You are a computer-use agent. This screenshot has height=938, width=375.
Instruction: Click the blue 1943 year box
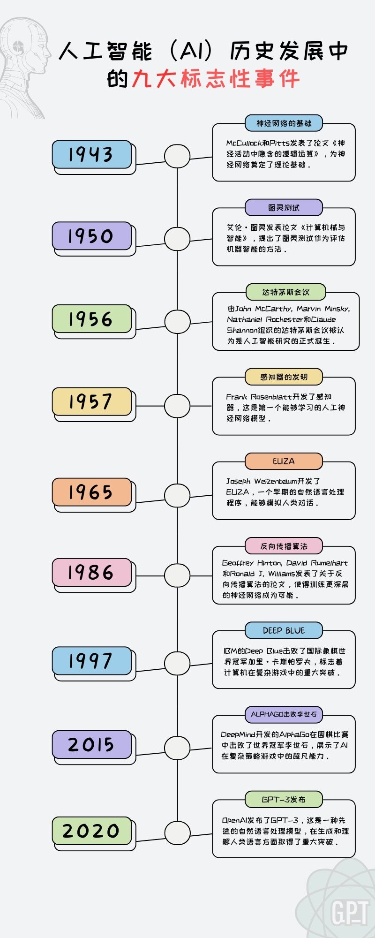pos(92,154)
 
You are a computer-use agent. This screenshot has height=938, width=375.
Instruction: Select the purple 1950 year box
pos(92,236)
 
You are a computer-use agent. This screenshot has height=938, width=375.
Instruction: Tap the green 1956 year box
pos(92,319)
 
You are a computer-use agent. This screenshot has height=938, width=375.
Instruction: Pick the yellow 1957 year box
pos(92,401)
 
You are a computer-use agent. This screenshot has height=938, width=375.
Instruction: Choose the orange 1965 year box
pos(92,492)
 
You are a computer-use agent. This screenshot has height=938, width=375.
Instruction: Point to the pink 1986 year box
pos(92,573)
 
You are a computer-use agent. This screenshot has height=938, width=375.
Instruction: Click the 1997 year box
pos(92,661)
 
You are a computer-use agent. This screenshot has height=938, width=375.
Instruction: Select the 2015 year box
pos(92,744)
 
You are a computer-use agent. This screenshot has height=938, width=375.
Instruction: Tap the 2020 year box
pos(92,831)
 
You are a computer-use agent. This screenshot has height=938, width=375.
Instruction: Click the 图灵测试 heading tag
pos(284,208)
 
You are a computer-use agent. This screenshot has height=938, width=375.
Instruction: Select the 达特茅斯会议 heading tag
pos(286,292)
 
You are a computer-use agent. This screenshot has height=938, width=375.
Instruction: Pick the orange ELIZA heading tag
pos(284,461)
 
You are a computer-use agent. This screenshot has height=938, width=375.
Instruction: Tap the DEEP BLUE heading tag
pos(284,630)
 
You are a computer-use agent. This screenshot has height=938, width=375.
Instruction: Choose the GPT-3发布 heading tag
pos(284,799)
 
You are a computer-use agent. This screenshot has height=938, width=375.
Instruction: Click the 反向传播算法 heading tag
pos(284,546)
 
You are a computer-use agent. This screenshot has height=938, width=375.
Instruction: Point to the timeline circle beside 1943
pos(177,156)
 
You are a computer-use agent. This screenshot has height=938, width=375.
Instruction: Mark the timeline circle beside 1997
pos(177,663)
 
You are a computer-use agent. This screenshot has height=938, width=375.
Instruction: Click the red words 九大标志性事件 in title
pos(216,79)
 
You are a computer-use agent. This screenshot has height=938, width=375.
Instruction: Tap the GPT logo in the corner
pos(350,912)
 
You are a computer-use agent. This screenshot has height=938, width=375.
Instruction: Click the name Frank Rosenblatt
pos(259,397)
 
